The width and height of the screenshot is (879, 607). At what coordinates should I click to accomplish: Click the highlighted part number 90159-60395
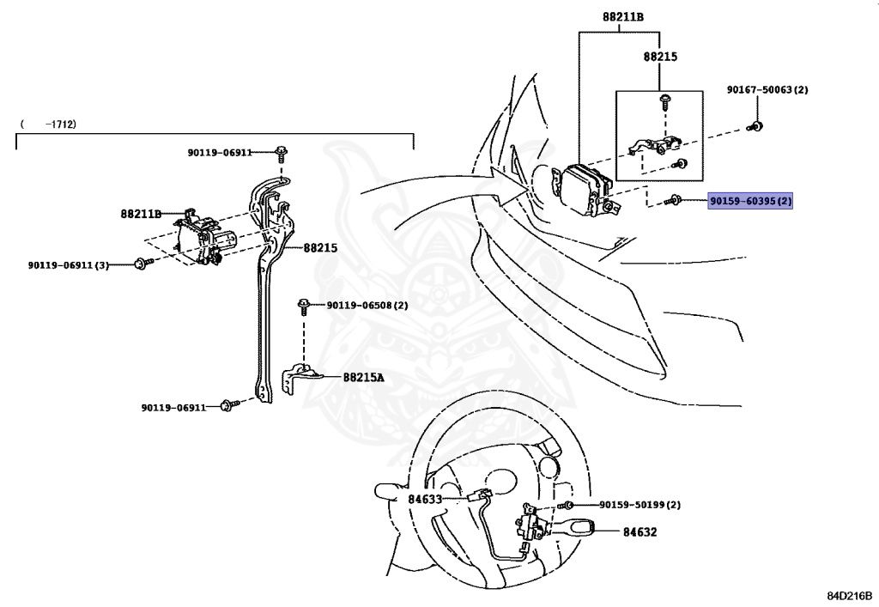pos(750,201)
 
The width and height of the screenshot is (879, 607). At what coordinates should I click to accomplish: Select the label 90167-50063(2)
pos(767,89)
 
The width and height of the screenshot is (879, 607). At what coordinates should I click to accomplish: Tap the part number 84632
pos(640,531)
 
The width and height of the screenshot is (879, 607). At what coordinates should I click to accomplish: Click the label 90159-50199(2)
pos(640,505)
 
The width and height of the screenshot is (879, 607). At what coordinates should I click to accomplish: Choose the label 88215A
pos(364,376)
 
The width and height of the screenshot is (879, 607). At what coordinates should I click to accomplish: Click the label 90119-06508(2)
pos(366,305)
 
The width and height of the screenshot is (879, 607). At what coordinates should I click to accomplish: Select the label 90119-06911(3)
pos(69,265)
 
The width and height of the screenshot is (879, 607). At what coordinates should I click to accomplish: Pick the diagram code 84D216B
pos(849,594)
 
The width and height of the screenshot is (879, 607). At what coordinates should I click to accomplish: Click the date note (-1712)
pos(49,124)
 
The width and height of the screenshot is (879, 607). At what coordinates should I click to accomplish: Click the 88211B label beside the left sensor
pos(140,214)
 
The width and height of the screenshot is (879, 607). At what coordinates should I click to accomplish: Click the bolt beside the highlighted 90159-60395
pos(676,201)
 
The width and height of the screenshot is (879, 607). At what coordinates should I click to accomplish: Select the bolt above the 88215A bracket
pos(304,305)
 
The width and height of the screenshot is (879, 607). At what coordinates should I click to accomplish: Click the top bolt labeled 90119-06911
pos(281,153)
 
